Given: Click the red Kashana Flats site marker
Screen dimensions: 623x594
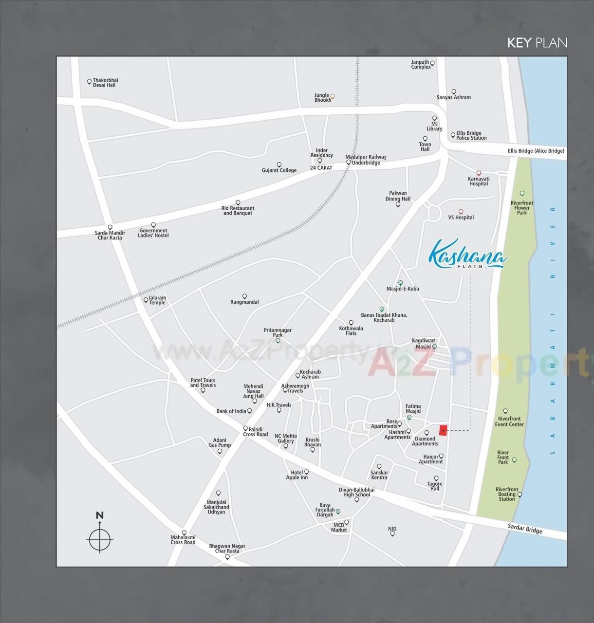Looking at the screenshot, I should tap(443, 431).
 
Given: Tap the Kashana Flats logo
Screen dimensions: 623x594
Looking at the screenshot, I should tap(468, 254).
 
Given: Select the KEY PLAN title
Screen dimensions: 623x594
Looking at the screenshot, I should tap(537, 43).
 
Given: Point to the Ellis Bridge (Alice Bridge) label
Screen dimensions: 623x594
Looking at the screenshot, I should tap(536, 151).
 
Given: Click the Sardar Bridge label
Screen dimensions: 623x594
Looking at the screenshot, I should tap(525, 529).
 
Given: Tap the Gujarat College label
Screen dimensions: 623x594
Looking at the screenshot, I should tap(279, 170).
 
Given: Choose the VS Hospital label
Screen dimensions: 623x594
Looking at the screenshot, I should tap(461, 218).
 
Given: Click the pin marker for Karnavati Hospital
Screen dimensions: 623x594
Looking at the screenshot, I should tap(479, 173).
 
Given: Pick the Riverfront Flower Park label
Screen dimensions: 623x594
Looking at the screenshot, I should tap(522, 208).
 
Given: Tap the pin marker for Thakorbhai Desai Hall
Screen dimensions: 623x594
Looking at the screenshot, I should tap(89, 82).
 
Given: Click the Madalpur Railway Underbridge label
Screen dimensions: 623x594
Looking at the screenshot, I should tap(366, 160).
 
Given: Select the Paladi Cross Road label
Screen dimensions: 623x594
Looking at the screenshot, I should tap(255, 432).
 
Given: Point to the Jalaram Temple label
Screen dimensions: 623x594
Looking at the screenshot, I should tap(157, 300).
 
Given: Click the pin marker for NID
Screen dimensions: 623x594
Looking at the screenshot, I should tap(392, 534).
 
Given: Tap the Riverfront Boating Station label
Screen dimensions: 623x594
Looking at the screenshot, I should tap(507, 494).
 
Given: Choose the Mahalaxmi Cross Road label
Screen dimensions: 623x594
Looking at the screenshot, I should tap(183, 540).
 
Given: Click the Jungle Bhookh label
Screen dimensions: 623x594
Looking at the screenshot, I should tap(322, 98).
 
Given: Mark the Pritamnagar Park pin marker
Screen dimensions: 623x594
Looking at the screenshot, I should tap(278, 341).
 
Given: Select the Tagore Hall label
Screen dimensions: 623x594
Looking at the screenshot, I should tap(435, 486).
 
